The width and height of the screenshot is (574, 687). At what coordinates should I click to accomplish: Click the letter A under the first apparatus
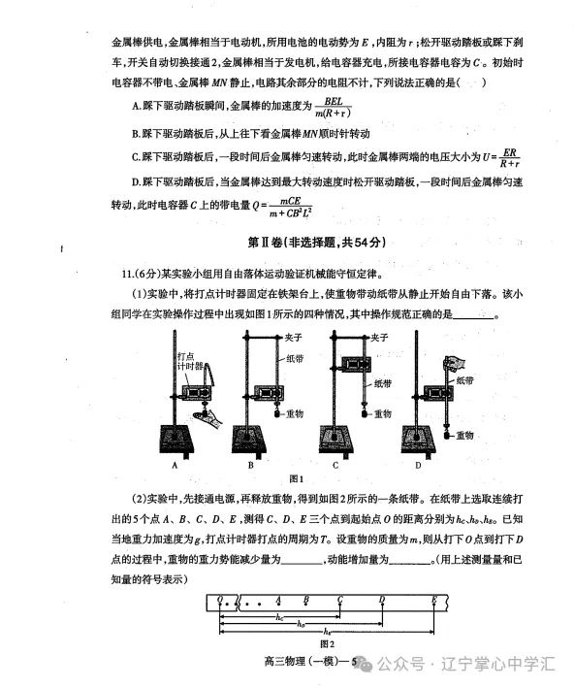[175, 465]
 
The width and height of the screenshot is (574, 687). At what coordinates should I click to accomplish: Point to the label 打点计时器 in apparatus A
[190, 363]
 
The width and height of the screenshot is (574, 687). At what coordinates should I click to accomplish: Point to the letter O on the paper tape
[221, 599]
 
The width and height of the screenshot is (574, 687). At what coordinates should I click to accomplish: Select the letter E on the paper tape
[433, 599]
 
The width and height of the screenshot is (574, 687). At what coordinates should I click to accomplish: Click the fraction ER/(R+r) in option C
[512, 159]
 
